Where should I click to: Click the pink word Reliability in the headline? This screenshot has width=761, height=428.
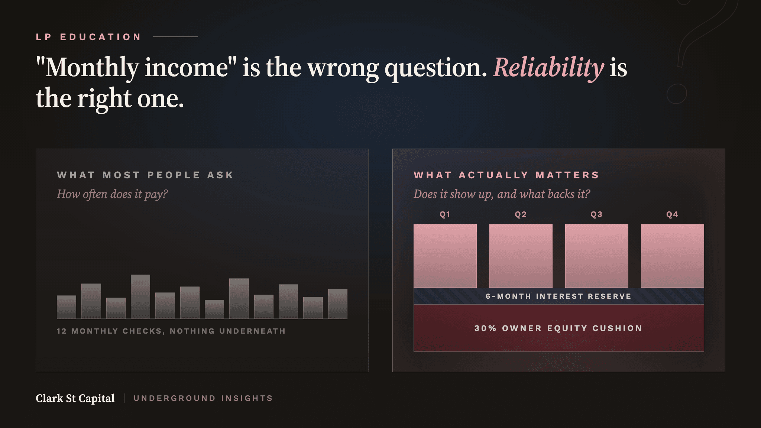[x=548, y=68]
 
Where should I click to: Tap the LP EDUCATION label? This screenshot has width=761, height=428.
[x=89, y=37]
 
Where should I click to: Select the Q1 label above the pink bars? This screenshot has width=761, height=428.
[x=445, y=214]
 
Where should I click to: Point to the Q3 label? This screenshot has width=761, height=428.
[x=596, y=214]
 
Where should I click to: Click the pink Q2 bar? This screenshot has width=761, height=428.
[x=521, y=256]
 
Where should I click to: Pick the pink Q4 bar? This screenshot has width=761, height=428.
[x=673, y=256]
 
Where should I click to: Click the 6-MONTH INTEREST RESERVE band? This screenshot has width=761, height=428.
[x=559, y=296]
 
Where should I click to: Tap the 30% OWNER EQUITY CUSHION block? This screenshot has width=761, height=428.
[x=559, y=328]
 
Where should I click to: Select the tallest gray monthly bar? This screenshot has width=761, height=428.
[x=140, y=297]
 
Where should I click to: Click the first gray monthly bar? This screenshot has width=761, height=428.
[x=67, y=307]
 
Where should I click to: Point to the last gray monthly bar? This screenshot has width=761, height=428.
[x=338, y=304]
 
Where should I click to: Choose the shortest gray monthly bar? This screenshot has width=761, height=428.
[x=214, y=309]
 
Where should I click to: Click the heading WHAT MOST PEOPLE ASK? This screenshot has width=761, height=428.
[x=145, y=175]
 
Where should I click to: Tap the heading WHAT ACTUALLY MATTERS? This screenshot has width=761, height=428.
[x=506, y=175]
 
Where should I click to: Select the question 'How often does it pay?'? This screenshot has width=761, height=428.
[x=112, y=194]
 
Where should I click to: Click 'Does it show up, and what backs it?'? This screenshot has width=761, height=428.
[x=502, y=194]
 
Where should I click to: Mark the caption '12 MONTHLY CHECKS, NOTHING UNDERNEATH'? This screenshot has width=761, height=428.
[x=171, y=331]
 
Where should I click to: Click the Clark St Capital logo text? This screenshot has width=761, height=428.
[x=75, y=398]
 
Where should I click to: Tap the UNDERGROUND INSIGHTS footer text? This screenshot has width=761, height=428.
[x=203, y=398]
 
